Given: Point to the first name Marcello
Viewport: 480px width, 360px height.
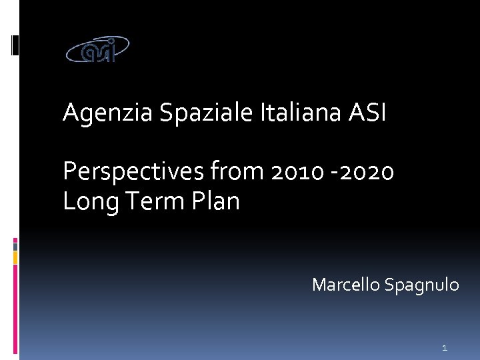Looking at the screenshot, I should pos(345,285).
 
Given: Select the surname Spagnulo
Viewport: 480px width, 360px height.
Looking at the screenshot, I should pos(421,285).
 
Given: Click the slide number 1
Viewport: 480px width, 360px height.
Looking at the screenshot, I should pos(444,347).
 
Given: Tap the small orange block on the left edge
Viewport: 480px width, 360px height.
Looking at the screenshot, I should pos(15,257).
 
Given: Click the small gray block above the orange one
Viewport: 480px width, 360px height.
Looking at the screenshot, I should pos(15,245).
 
